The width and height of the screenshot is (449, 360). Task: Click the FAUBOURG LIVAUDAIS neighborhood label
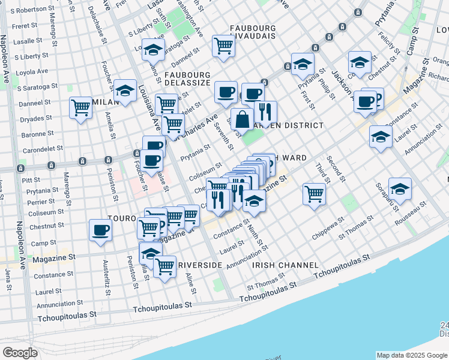252,32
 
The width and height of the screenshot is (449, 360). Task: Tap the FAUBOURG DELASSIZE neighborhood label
187,79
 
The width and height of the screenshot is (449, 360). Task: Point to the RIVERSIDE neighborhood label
199,265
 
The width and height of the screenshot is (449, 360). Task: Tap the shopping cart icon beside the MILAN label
80,108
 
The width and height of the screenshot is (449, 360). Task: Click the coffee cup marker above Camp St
100,230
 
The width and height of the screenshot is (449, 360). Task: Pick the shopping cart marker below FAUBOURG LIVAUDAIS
223,46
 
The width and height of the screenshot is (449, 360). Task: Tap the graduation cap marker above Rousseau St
400,188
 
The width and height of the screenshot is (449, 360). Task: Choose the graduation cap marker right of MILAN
125,91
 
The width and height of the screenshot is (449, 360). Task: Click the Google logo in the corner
20,353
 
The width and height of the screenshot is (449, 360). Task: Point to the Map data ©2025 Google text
411,355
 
